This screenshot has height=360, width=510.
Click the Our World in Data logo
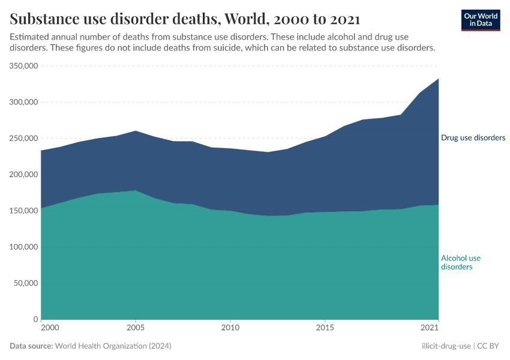pyautogui.click(x=481, y=20)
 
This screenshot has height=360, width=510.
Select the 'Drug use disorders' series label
pyautogui.click(x=473, y=138)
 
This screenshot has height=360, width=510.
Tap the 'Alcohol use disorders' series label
pyautogui.click(x=461, y=262)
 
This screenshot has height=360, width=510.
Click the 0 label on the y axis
pyautogui.click(x=36, y=319)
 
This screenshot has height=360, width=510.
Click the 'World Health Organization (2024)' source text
pyautogui.click(x=113, y=346)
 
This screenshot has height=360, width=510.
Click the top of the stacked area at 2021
pyautogui.click(x=438, y=79)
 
